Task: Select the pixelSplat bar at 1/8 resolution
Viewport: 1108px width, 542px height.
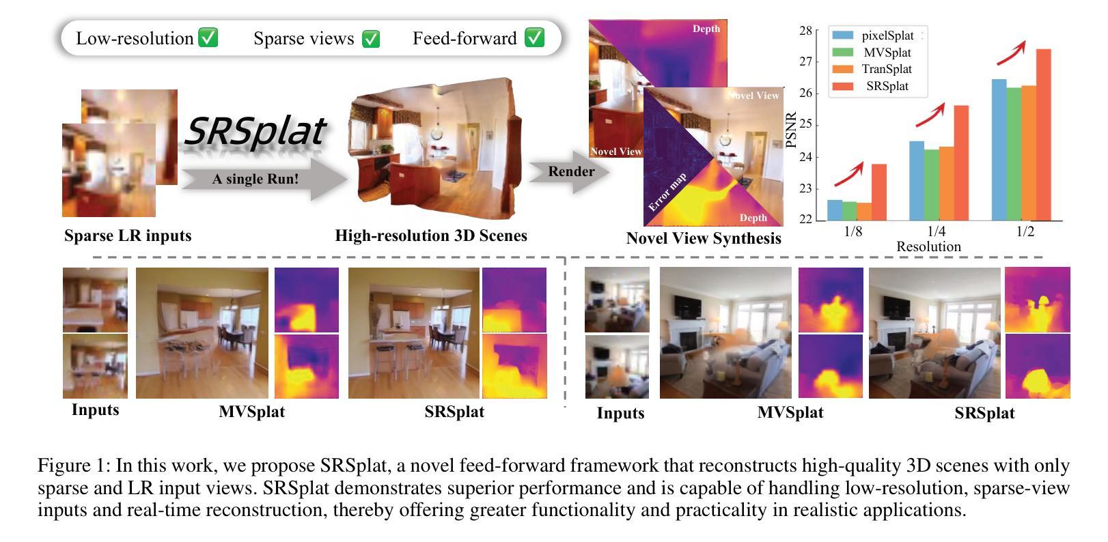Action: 834,210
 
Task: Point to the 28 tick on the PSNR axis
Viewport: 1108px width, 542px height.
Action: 806,31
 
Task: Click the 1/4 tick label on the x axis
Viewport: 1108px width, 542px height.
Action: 936,231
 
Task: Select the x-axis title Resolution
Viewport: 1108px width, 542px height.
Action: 928,246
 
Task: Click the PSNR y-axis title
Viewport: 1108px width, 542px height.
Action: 792,130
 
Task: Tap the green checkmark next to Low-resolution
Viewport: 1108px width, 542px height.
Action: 208,38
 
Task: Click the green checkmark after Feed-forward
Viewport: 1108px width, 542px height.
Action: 534,38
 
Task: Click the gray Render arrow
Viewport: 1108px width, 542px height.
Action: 569,172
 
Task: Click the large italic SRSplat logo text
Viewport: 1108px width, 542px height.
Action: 255,131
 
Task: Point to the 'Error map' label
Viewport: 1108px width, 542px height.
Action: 667,192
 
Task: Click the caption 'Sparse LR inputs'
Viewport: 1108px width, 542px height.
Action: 128,236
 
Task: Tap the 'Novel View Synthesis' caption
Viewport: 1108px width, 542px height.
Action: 704,238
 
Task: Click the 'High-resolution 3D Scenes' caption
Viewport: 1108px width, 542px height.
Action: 431,236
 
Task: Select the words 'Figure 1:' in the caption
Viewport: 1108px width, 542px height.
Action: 73,466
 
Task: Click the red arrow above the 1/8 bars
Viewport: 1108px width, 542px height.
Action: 849,175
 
